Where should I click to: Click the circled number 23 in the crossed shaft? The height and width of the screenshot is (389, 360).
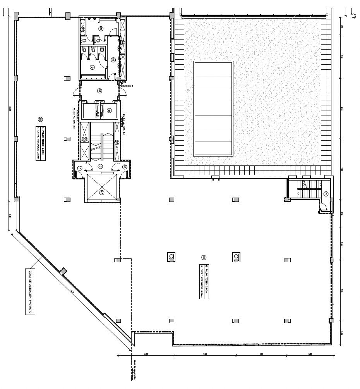pos(102,192)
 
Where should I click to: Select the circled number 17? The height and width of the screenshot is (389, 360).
pos(100,167)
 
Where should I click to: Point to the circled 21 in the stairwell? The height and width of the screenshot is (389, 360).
pos(326,194)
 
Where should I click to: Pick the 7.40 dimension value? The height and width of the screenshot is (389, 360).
pos(205,354)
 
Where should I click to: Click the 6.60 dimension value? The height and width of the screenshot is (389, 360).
pos(146,354)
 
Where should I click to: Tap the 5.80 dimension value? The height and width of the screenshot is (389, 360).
pos(310,354)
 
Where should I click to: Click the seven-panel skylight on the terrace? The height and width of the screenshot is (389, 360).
pos(213,108)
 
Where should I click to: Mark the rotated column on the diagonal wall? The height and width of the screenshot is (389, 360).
pos(63,270)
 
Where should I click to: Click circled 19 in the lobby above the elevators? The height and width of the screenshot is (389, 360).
pos(99,91)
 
